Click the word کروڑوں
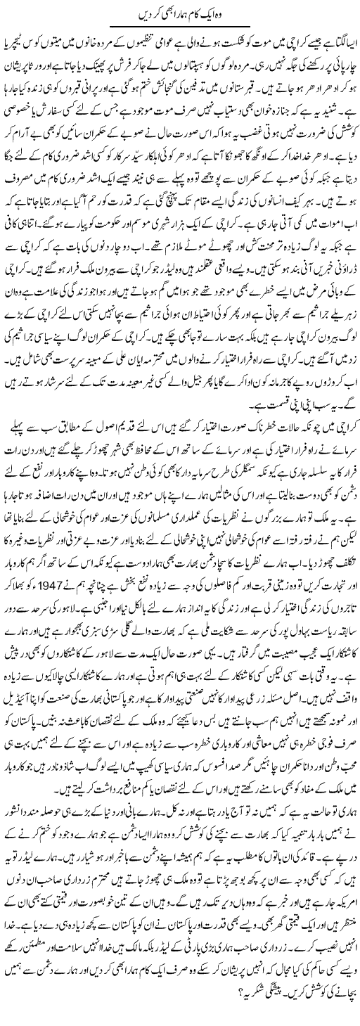pos(334,384)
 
